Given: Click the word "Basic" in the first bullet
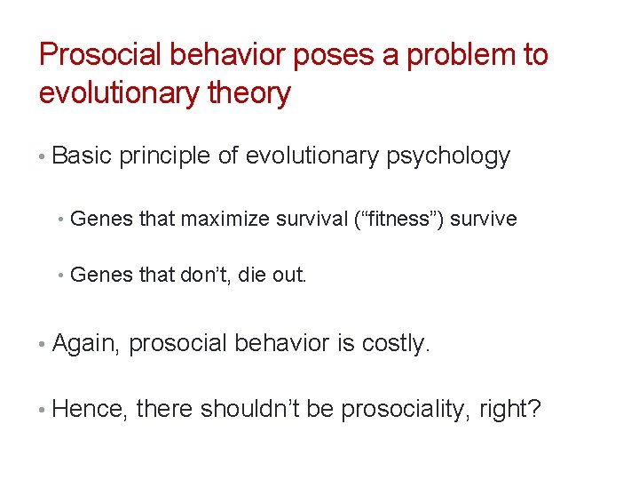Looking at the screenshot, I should coord(83,156).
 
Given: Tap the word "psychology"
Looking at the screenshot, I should coord(448,156).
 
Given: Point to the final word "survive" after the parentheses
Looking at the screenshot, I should coord(484,219).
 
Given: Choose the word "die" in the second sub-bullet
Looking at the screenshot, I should coord(235,275).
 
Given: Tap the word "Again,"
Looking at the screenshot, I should coord(87,343).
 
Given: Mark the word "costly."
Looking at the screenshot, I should coord(396,343).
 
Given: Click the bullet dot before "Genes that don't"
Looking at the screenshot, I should coord(59,276).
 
